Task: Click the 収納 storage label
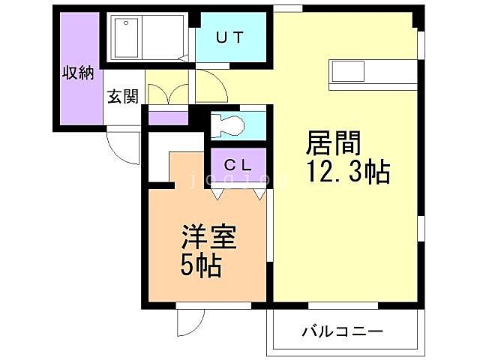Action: (x=76, y=73)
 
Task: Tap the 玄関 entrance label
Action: (x=121, y=96)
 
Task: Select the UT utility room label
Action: (x=230, y=37)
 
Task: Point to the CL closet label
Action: (x=236, y=163)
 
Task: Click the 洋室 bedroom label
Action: (x=208, y=238)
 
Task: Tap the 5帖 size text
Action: (x=200, y=265)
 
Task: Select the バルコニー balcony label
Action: (x=343, y=331)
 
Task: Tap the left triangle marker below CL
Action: (x=217, y=193)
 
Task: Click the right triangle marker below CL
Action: (x=259, y=193)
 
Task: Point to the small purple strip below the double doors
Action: (x=168, y=118)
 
